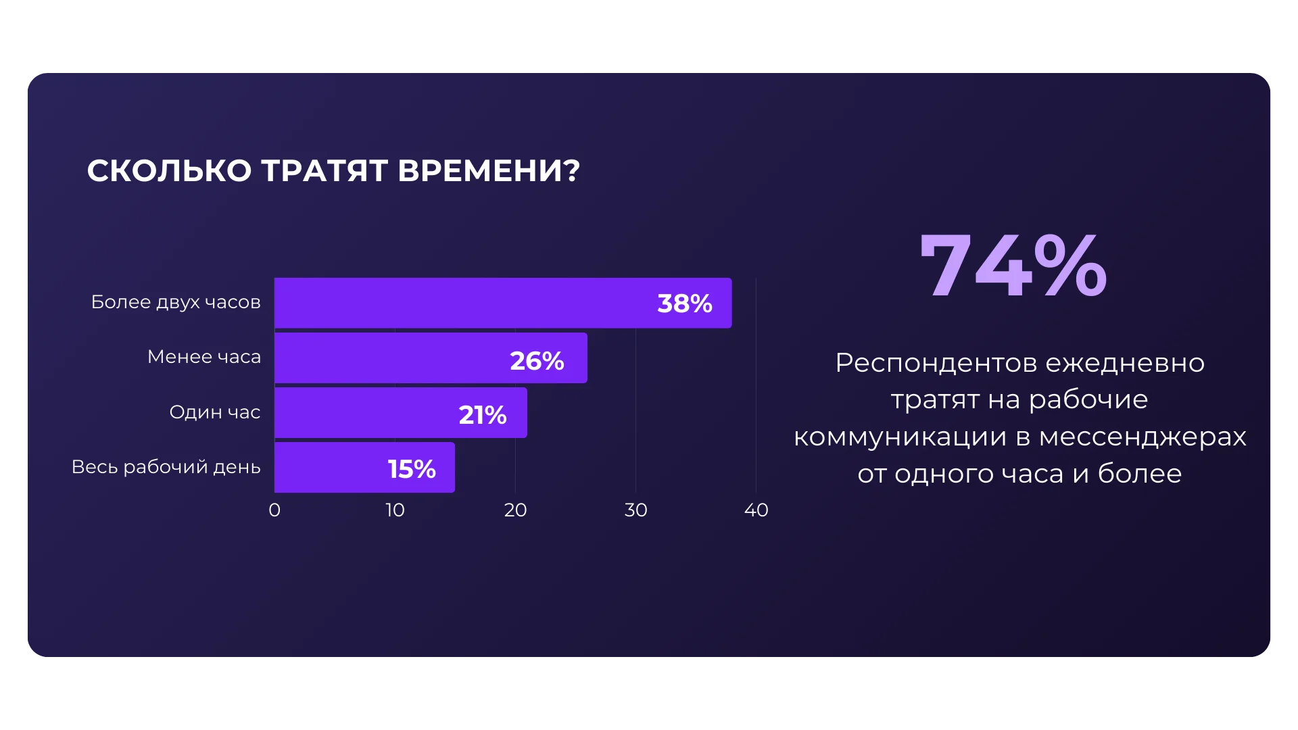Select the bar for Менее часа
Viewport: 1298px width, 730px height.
(x=392, y=358)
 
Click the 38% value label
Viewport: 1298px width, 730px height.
(x=685, y=303)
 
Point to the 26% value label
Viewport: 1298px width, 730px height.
(x=537, y=360)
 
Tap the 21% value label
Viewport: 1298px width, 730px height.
(x=483, y=414)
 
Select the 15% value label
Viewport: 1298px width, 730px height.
(x=412, y=468)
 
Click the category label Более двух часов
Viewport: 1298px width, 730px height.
(x=176, y=302)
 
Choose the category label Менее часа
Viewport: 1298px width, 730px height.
(x=204, y=357)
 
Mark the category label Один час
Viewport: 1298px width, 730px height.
(x=215, y=412)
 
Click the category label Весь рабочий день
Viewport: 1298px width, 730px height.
(x=166, y=467)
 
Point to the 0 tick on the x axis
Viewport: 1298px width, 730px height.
(x=274, y=510)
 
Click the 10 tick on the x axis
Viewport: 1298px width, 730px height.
(x=395, y=510)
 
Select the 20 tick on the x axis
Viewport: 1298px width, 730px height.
(x=515, y=510)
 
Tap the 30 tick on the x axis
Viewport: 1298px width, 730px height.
(x=635, y=510)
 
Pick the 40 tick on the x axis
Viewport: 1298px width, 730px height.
(x=756, y=510)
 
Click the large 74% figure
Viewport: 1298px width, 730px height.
(x=1013, y=266)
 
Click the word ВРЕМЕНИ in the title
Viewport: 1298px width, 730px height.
(x=488, y=170)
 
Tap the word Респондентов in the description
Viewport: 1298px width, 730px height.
(x=936, y=364)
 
